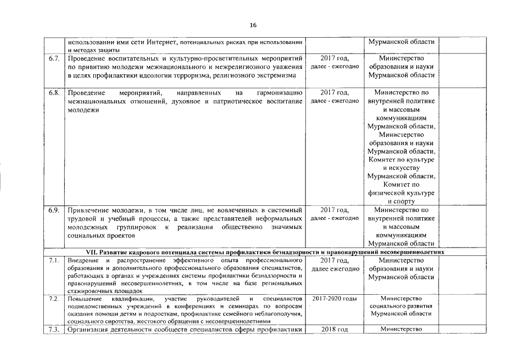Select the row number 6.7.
click(x=54, y=58)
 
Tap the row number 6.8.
click(x=54, y=92)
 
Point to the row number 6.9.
click(x=54, y=210)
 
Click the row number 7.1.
click(x=54, y=260)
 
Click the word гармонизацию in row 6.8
click(x=279, y=92)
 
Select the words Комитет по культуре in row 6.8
click(x=401, y=159)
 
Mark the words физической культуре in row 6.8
click(x=401, y=193)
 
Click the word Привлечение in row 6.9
click(x=87, y=210)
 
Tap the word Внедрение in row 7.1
click(x=83, y=260)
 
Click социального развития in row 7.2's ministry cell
click(x=401, y=305)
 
